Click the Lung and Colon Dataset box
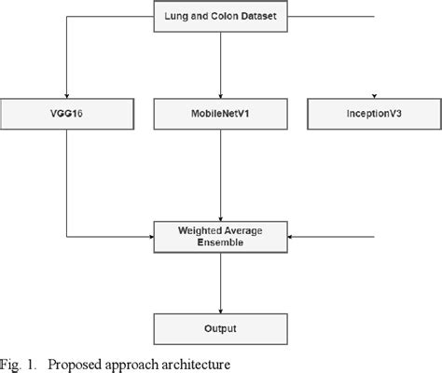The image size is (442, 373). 221,16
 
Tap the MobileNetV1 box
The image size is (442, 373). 221,114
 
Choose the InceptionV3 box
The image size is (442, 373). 372,114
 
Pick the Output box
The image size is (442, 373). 221,329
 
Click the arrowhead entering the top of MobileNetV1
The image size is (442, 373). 221,95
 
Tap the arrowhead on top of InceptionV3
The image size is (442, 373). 373,96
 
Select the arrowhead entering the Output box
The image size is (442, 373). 221,311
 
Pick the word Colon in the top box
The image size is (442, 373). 221,16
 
